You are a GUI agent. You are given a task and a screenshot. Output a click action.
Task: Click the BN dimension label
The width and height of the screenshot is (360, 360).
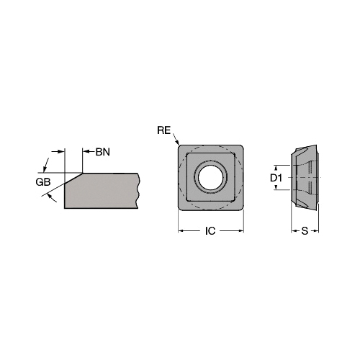pyautogui.click(x=103, y=152)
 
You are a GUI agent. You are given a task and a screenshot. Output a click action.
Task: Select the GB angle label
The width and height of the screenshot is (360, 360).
pyautogui.click(x=43, y=182)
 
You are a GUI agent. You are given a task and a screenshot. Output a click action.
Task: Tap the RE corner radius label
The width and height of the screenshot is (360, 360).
pyautogui.click(x=163, y=130)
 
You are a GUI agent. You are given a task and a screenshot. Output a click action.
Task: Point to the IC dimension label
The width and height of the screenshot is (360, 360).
pyautogui.click(x=210, y=231)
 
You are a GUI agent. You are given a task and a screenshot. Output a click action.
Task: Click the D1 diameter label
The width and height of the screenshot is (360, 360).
pyautogui.click(x=276, y=178)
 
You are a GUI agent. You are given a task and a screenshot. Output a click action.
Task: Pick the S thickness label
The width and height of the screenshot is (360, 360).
pyautogui.click(x=305, y=231)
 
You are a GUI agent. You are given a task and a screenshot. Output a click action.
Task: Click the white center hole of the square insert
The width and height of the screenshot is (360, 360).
pyautogui.click(x=210, y=178)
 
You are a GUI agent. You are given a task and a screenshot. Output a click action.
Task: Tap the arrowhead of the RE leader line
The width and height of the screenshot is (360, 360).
pyautogui.click(x=177, y=143)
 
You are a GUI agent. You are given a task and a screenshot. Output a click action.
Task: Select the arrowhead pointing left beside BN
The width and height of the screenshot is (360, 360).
pyautogui.click(x=86, y=152)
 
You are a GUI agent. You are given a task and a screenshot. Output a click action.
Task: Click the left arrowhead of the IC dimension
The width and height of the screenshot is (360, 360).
pyautogui.click(x=181, y=231)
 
